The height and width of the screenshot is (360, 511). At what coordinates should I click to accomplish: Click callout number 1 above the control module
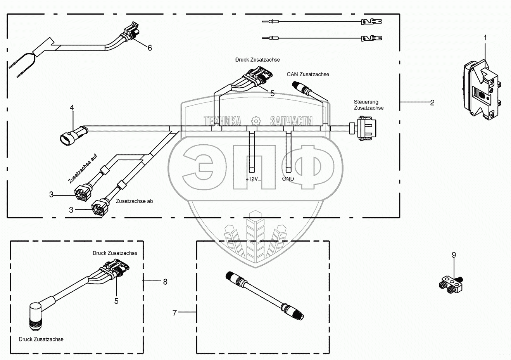click(x=485, y=38)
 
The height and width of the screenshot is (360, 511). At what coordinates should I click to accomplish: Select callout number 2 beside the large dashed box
click(x=432, y=102)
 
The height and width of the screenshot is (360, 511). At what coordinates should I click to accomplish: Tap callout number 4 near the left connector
click(x=72, y=108)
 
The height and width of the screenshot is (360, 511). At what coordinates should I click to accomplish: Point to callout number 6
click(x=150, y=48)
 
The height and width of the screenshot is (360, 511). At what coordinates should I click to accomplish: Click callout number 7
click(x=174, y=312)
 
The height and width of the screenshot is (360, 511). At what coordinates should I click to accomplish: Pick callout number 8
click(x=165, y=282)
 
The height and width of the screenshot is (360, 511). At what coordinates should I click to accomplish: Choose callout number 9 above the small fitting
click(x=454, y=255)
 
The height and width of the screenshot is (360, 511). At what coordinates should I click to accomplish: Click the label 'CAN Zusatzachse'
click(x=308, y=74)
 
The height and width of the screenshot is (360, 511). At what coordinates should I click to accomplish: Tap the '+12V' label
click(x=252, y=179)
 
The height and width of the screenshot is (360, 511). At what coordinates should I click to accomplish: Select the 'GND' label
click(x=288, y=179)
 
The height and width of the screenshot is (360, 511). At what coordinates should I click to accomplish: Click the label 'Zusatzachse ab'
click(x=135, y=201)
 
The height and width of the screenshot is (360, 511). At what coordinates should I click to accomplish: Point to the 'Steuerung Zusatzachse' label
click(x=368, y=105)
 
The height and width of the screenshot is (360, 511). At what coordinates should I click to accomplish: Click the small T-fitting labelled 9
click(x=450, y=283)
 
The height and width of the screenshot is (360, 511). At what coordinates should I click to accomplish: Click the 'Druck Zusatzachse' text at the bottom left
click(x=41, y=339)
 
